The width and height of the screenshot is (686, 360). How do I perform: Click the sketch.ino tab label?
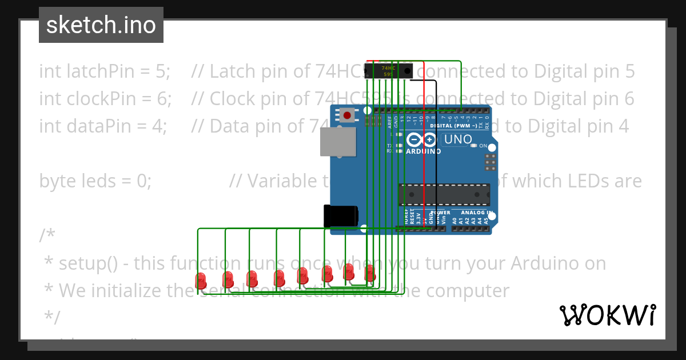click(101, 25)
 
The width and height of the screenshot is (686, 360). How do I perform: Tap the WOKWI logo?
click(607, 315)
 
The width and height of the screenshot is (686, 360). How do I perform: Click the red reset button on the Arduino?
click(346, 115)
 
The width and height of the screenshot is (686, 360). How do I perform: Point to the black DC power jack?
click(340, 216)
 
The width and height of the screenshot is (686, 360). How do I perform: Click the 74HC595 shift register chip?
click(394, 71)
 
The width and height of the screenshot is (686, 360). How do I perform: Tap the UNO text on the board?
click(458, 139)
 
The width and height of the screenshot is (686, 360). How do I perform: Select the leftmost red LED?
click(201, 281)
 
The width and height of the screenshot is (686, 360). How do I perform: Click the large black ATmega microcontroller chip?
click(444, 194)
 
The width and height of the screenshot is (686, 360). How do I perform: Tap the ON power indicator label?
click(482, 146)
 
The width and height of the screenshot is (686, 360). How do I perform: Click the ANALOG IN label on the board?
click(476, 213)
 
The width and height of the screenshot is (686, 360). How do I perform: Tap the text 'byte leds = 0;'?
click(95, 181)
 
